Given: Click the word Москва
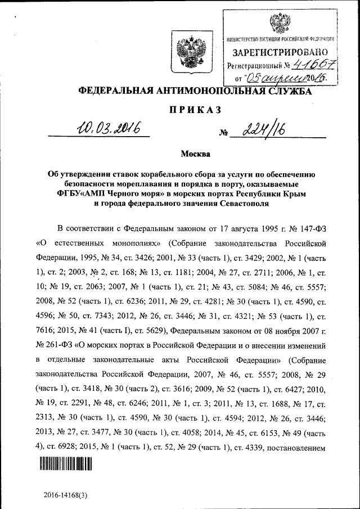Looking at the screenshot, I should click(x=195, y=153).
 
